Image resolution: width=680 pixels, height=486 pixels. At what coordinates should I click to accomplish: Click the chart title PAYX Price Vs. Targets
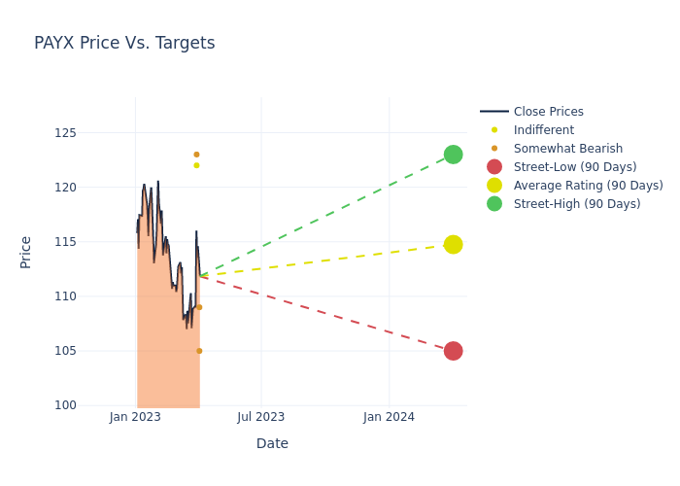point(124,43)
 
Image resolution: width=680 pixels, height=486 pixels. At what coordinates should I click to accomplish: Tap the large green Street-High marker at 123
point(453,155)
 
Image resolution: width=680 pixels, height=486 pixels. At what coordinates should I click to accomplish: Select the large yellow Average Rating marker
point(453,244)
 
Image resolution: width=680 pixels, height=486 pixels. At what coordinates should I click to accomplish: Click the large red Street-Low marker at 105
point(453,351)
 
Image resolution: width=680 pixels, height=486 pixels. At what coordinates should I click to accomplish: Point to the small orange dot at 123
point(196,155)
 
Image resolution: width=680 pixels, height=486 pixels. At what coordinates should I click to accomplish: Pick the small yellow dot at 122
point(196,165)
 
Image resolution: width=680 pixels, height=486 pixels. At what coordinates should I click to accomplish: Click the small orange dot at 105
point(199,351)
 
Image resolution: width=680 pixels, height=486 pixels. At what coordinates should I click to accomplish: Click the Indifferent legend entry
point(543,130)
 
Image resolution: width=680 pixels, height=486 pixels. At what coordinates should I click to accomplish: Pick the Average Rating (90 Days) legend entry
point(588,186)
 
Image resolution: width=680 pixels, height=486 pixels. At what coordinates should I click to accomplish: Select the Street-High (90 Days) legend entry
point(577,204)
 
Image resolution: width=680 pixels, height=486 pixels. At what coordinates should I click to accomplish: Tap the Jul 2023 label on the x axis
point(261,417)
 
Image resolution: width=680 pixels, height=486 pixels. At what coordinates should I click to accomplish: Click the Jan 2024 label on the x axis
point(389,417)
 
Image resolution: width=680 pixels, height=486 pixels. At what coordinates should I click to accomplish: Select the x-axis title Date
point(272,443)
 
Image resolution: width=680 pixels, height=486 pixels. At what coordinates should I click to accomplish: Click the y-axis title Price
point(26,252)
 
